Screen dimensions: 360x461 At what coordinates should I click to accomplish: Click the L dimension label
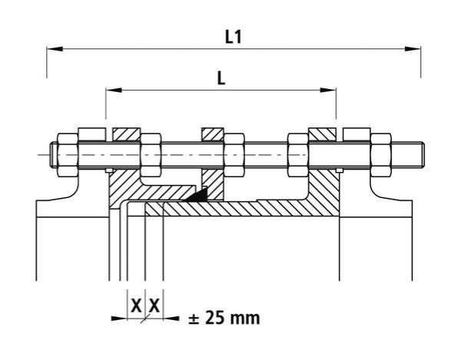tap(221, 78)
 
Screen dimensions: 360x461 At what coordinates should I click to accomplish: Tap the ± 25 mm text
tap(224, 317)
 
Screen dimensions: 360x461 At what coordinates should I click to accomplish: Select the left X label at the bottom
tap(136, 306)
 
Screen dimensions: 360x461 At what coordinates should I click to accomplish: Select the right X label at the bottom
tap(154, 306)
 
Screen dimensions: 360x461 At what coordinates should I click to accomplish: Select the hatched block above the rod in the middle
tap(212, 135)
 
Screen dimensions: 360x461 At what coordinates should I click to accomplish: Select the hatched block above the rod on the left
tap(125, 135)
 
